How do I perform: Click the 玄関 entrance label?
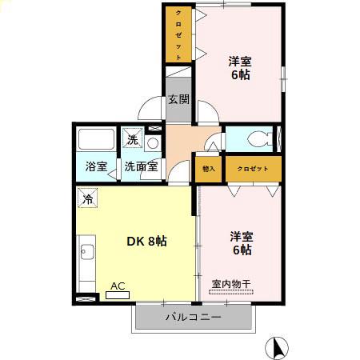[179, 100]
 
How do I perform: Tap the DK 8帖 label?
[147, 241]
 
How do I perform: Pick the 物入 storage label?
[210, 169]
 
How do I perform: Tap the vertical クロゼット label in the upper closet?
[178, 34]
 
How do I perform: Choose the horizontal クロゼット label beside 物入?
[253, 169]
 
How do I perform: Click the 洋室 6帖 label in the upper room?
[241, 67]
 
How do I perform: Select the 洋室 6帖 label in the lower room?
[242, 243]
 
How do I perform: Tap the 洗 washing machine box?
[134, 138]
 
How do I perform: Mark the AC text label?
[118, 285]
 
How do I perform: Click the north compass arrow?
[279, 346]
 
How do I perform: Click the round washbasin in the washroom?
[153, 144]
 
